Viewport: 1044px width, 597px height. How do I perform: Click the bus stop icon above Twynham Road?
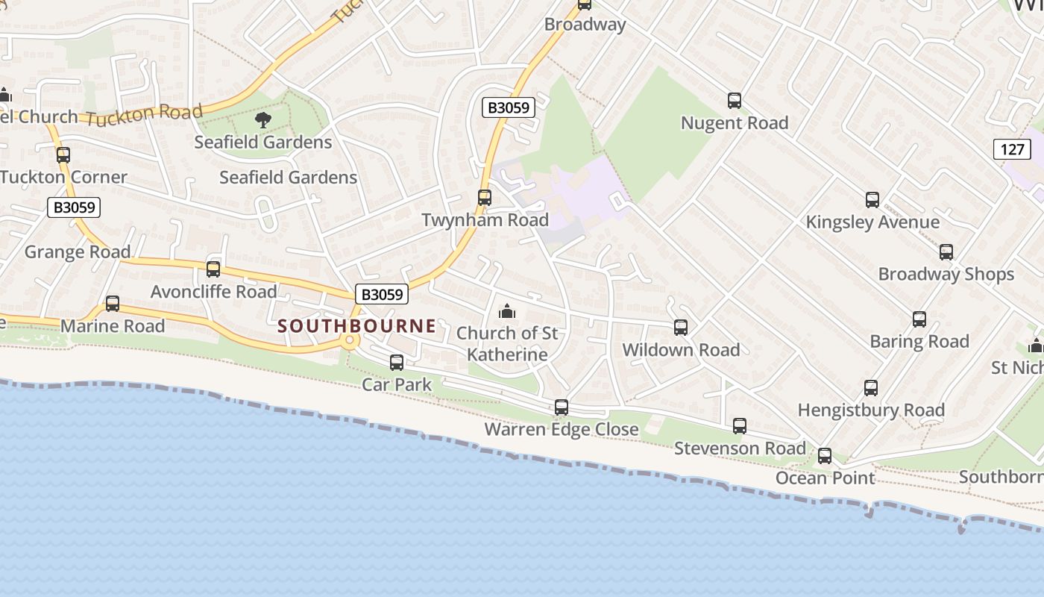(485, 198)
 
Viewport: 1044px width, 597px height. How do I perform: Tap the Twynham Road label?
(485, 220)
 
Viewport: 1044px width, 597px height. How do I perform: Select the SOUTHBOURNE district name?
(356, 325)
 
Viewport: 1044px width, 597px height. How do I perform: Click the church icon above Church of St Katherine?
(507, 310)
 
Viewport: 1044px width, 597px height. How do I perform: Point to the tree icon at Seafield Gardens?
(262, 119)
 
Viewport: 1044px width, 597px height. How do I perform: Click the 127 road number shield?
(1012, 149)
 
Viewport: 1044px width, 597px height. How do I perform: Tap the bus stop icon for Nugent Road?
(735, 101)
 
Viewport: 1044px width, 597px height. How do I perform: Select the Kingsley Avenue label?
(872, 222)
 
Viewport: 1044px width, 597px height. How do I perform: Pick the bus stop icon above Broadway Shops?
(946, 252)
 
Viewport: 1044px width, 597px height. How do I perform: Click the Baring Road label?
(919, 342)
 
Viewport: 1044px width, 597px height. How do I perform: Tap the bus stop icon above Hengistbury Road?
(871, 388)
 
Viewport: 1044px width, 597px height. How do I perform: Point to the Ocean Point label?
(825, 478)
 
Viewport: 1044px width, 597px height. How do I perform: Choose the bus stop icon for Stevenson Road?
(740, 426)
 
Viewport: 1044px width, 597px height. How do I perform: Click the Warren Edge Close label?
(561, 430)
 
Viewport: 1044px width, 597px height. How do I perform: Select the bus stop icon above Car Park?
(397, 363)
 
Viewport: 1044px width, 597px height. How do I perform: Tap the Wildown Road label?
(681, 350)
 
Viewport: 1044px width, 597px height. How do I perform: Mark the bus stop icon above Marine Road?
(113, 304)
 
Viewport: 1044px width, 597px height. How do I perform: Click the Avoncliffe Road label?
(213, 292)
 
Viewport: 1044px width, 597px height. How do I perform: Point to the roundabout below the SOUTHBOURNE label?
(349, 340)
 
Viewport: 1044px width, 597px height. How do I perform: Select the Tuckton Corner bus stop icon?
(63, 155)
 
